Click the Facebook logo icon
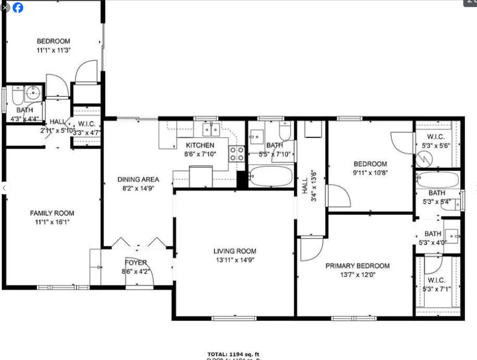pyautogui.click(x=18, y=7)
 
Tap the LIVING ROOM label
pyautogui.click(x=235, y=251)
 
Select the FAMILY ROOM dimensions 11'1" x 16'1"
pyautogui.click(x=52, y=222)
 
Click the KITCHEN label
pyautogui.click(x=200, y=145)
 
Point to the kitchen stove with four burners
pyautogui.click(x=237, y=154)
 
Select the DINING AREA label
pyautogui.click(x=138, y=180)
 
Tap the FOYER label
pyautogui.click(x=136, y=262)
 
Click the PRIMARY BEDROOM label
pyautogui.click(x=357, y=266)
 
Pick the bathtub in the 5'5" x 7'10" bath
pyautogui.click(x=271, y=176)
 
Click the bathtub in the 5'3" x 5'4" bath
pyautogui.click(x=438, y=180)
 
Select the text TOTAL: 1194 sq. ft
pyautogui.click(x=233, y=354)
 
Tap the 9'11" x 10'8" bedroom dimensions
pyautogui.click(x=370, y=173)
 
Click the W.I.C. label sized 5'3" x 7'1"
pyautogui.click(x=436, y=280)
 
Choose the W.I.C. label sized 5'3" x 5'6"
pyautogui.click(x=435, y=137)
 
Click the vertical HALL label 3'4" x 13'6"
pyautogui.click(x=304, y=186)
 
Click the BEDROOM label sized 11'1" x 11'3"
pyautogui.click(x=53, y=41)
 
